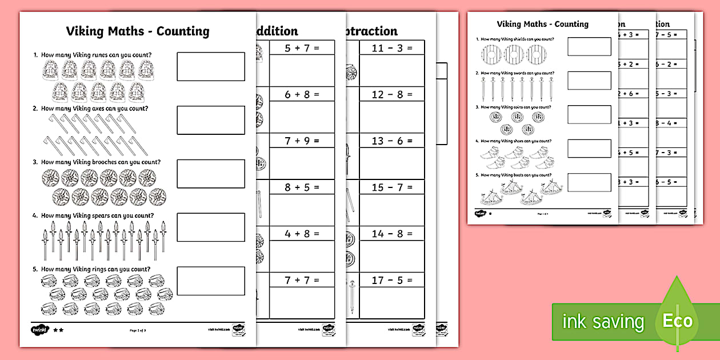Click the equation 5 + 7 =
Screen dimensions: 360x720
point(302,48)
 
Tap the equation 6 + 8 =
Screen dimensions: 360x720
point(302,94)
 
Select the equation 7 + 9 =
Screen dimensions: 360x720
point(302,141)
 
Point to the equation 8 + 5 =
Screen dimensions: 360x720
point(302,187)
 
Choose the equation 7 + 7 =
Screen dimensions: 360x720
point(302,280)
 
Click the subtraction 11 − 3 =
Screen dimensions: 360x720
point(391,48)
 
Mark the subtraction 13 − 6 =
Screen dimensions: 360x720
point(391,141)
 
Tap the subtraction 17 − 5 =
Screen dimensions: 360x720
point(391,280)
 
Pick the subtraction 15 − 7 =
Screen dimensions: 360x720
point(391,187)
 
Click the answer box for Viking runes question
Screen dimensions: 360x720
point(211,66)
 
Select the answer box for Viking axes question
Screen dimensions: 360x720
point(211,120)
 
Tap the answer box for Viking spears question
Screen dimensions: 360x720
point(211,227)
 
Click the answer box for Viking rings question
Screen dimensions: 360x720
point(211,281)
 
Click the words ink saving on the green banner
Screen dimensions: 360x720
point(602,322)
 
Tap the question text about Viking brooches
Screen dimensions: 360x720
point(101,162)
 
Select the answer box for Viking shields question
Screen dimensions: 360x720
point(589,47)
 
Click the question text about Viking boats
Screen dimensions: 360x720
point(516,175)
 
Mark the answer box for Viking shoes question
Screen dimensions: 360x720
point(589,149)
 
